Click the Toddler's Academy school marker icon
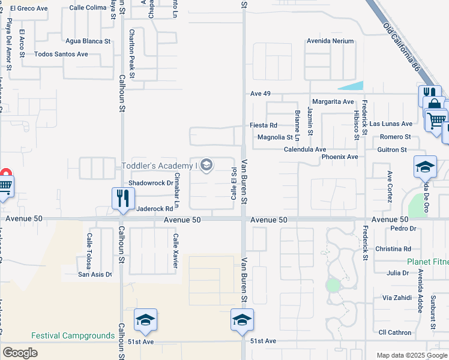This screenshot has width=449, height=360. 206,165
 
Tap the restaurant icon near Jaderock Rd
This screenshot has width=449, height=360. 123,198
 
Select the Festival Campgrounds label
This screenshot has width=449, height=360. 73,335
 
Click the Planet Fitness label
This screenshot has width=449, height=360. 427,262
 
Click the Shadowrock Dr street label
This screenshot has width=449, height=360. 151,182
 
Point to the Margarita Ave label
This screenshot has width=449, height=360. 332,102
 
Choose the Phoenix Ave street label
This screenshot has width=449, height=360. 339,157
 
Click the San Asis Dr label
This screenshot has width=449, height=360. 95,274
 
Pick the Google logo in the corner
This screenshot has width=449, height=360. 20,353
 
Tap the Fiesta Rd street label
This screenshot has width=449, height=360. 264,125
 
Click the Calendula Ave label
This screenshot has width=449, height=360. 305,149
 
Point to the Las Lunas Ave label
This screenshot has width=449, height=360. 391,124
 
